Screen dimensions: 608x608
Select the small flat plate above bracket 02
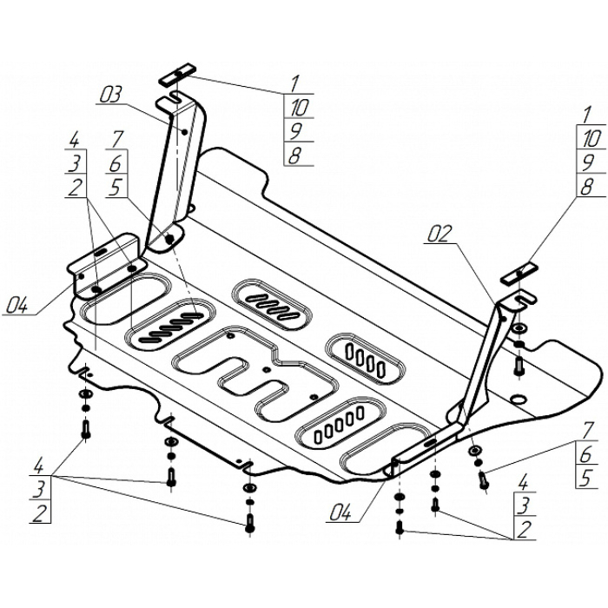coord(517,274)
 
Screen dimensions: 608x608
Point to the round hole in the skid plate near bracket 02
coord(518,400)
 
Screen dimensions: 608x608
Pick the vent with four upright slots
coord(366,357)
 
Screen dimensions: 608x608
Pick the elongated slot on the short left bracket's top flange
coord(102,250)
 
